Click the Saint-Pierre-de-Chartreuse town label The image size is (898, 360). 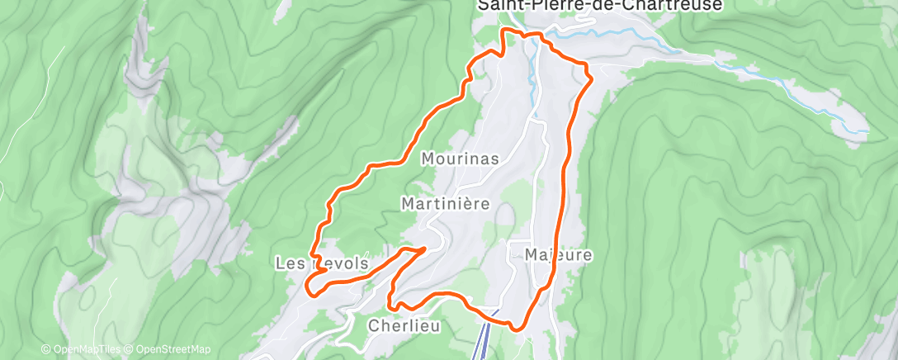[x=600, y=6]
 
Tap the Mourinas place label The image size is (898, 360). [x=461, y=159]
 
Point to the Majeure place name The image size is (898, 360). [x=559, y=255]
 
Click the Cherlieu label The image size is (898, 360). [x=404, y=325]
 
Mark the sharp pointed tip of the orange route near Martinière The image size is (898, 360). [x=425, y=248]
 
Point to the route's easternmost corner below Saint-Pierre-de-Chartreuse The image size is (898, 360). [x=591, y=78]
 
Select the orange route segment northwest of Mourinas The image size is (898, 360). [x=413, y=140]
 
